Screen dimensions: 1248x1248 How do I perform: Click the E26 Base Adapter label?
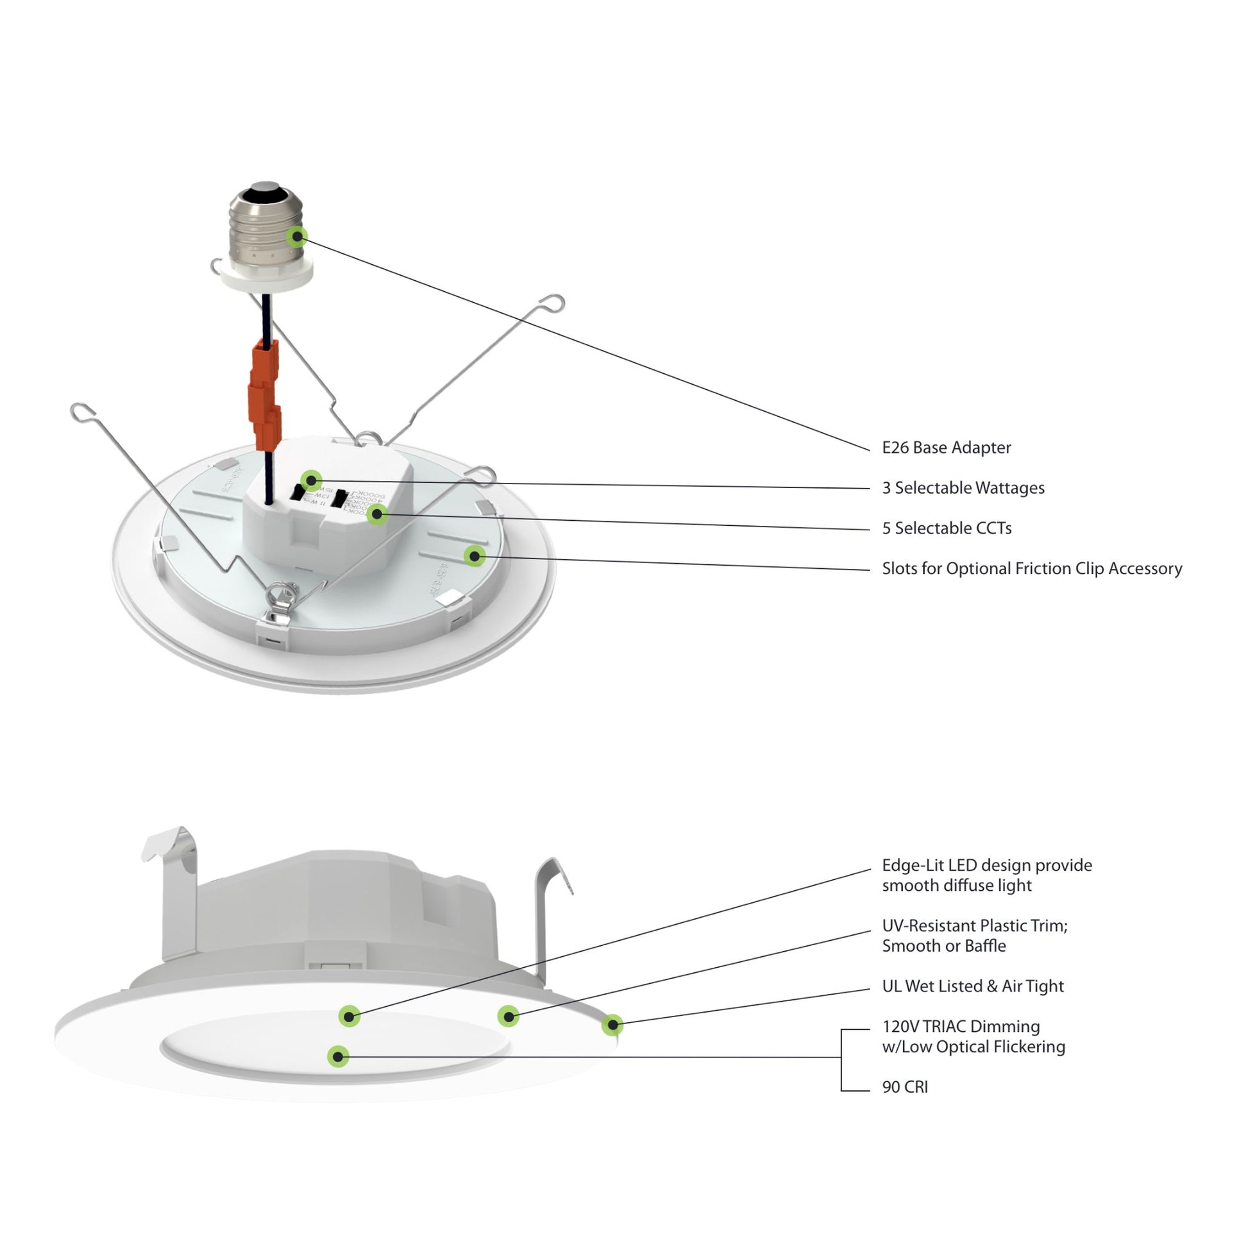pyautogui.click(x=947, y=448)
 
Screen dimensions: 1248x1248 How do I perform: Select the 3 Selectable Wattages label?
pyautogui.click(x=963, y=487)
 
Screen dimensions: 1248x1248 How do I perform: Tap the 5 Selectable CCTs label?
pyautogui.click(x=947, y=528)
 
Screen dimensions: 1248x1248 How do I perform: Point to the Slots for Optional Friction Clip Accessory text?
pyautogui.click(x=1032, y=568)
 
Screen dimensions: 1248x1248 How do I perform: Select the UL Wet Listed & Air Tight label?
pyautogui.click(x=972, y=986)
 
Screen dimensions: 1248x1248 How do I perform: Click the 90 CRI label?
pyautogui.click(x=904, y=1087)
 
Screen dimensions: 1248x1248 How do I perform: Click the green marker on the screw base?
pyautogui.click(x=296, y=237)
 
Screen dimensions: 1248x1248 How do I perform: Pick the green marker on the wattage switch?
pyautogui.click(x=312, y=480)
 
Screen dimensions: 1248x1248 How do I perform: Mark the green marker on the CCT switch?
pyautogui.click(x=378, y=514)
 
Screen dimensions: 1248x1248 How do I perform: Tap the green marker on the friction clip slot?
pyautogui.click(x=475, y=555)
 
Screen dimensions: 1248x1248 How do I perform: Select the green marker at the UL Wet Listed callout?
pyautogui.click(x=612, y=1024)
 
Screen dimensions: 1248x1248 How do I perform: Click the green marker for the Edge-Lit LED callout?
pyautogui.click(x=350, y=1016)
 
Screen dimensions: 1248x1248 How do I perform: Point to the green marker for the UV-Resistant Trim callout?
pyautogui.click(x=509, y=1016)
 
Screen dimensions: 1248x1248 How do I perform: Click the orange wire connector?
pyautogui.click(x=265, y=394)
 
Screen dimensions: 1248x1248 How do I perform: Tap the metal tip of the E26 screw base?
pyautogui.click(x=264, y=187)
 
